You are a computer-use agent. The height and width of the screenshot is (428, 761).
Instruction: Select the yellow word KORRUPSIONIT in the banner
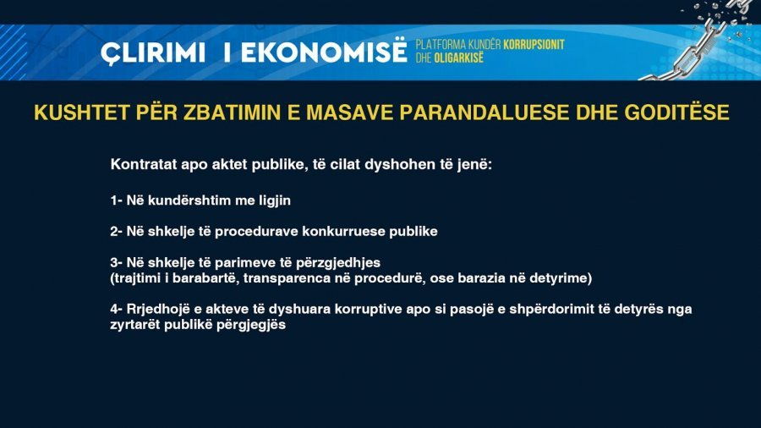(x=534, y=45)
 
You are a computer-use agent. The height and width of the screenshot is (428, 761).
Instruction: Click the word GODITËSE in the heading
(x=676, y=112)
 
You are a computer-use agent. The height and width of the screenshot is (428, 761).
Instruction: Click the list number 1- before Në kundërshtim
(x=117, y=200)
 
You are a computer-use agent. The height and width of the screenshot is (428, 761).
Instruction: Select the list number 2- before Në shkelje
(x=117, y=232)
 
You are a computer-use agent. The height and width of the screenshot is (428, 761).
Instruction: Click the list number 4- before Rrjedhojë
(x=117, y=309)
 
